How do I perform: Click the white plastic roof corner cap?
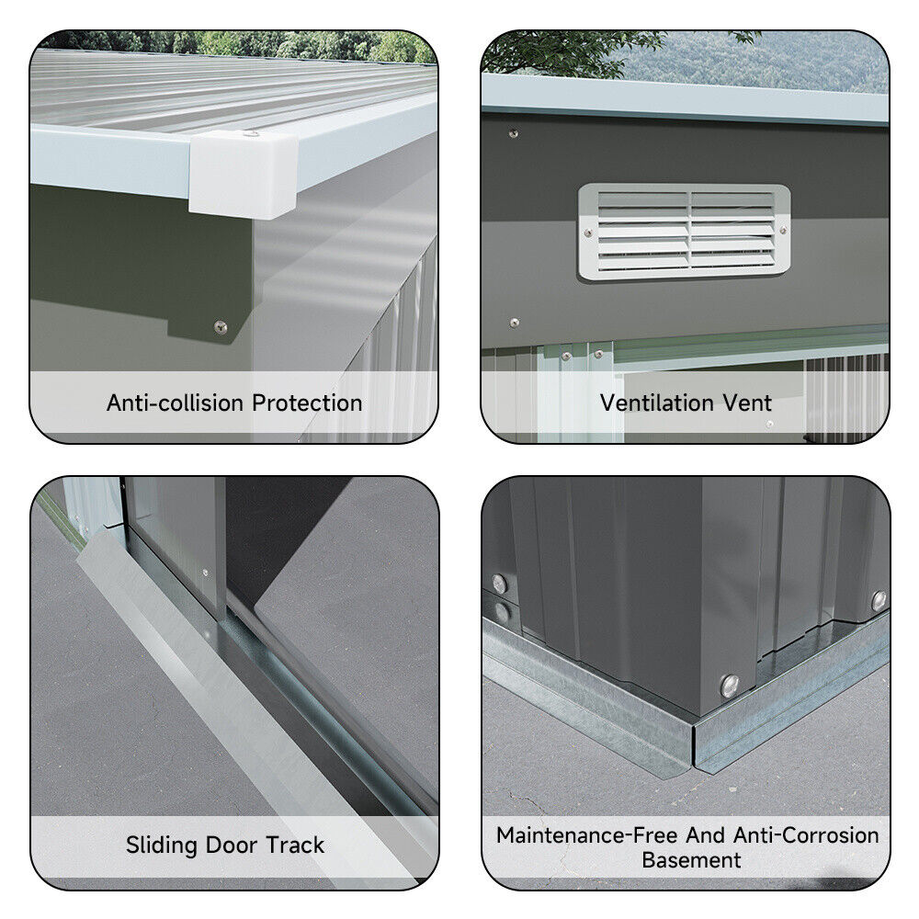click(x=244, y=174)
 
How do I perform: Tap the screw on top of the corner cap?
click(x=251, y=134)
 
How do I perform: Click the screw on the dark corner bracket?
click(x=221, y=327)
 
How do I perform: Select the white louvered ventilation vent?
click(x=684, y=233)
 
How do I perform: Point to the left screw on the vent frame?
click(x=588, y=233)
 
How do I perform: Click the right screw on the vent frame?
click(x=782, y=231)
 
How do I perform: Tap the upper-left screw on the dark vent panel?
click(x=514, y=133)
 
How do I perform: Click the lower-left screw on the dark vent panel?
click(x=514, y=323)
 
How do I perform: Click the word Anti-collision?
click(x=175, y=403)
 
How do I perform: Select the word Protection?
click(x=307, y=403)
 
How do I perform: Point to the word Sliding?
click(x=162, y=845)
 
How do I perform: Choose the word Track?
click(x=295, y=845)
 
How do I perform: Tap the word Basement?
click(x=691, y=860)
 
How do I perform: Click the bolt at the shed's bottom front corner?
click(x=730, y=686)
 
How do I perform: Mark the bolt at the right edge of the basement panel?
click(x=879, y=601)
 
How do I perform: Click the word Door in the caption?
click(x=232, y=845)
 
